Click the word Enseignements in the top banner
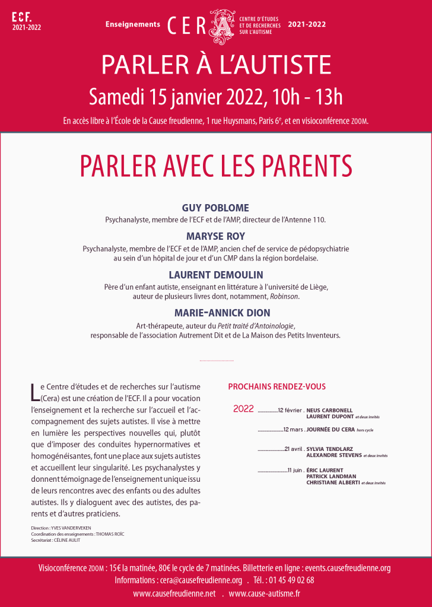pos(133,24)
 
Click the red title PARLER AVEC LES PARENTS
pos(216,167)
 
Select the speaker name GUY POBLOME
pos(215,208)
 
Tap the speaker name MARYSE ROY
pos(215,236)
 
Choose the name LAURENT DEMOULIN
pos(215,275)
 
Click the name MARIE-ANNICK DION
pos(215,313)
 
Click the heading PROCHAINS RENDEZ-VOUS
pos(277,387)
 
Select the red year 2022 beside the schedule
pos(243,409)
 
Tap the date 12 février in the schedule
pos(290,410)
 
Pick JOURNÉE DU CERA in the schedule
pos(329,429)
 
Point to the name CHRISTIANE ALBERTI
pos(333,483)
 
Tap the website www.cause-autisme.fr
pos(264,593)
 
